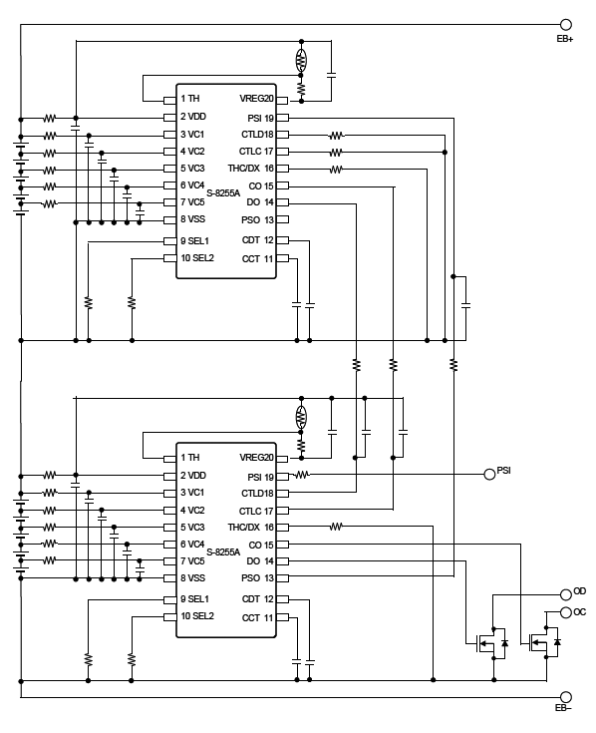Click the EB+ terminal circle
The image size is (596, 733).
tap(566, 25)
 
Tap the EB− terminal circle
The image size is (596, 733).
tap(566, 697)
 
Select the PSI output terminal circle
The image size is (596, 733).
tap(489, 474)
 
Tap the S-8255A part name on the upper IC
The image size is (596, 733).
tap(223, 191)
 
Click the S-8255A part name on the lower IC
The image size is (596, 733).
tap(223, 551)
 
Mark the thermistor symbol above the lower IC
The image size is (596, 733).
tap(301, 416)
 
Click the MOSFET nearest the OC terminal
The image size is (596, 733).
tap(544, 643)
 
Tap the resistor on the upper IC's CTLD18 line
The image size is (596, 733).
tap(337, 135)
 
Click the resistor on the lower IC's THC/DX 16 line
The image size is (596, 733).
tap(337, 526)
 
